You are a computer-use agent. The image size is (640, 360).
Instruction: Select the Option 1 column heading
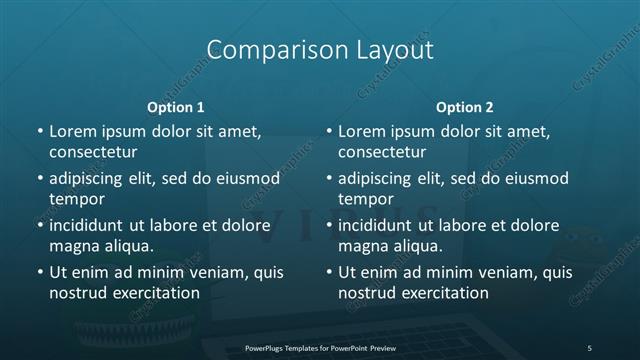coord(175,106)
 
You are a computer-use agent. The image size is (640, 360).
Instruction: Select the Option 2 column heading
coord(465,106)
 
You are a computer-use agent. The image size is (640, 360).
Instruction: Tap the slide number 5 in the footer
coord(589,347)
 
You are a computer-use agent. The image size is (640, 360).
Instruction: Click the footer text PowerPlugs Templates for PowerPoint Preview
coord(319,347)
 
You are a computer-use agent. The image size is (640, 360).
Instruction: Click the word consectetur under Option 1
coord(92,152)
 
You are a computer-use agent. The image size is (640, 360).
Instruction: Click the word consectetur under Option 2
coord(382,152)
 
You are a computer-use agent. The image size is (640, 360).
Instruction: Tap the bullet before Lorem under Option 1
coord(39,132)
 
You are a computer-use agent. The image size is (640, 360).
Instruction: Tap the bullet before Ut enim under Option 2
coord(329,272)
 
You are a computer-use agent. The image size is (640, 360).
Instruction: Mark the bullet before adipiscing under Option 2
coord(329,179)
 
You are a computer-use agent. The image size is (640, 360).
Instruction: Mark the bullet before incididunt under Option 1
coord(39,226)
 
